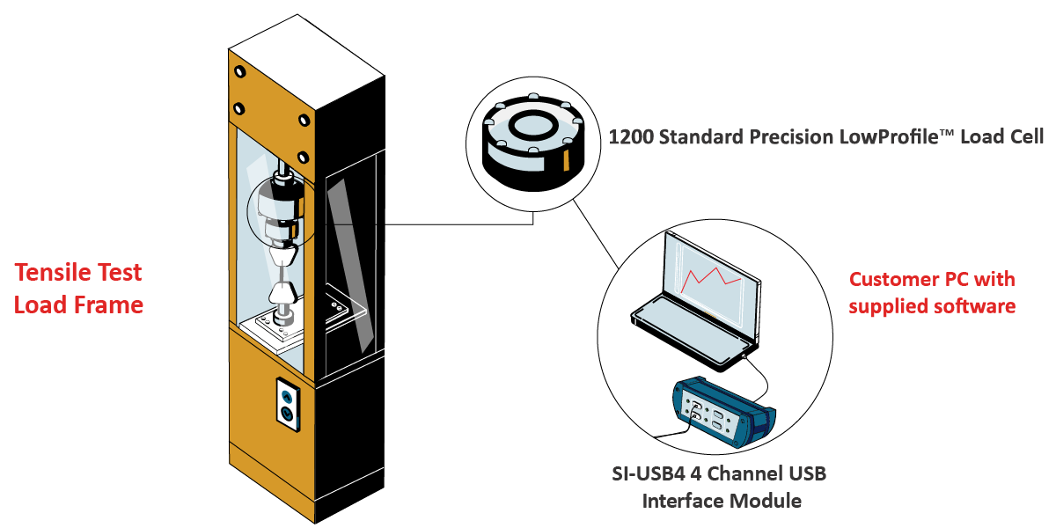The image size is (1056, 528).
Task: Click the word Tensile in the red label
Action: [x=49, y=273]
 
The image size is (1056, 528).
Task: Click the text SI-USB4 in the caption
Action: [x=649, y=474]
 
